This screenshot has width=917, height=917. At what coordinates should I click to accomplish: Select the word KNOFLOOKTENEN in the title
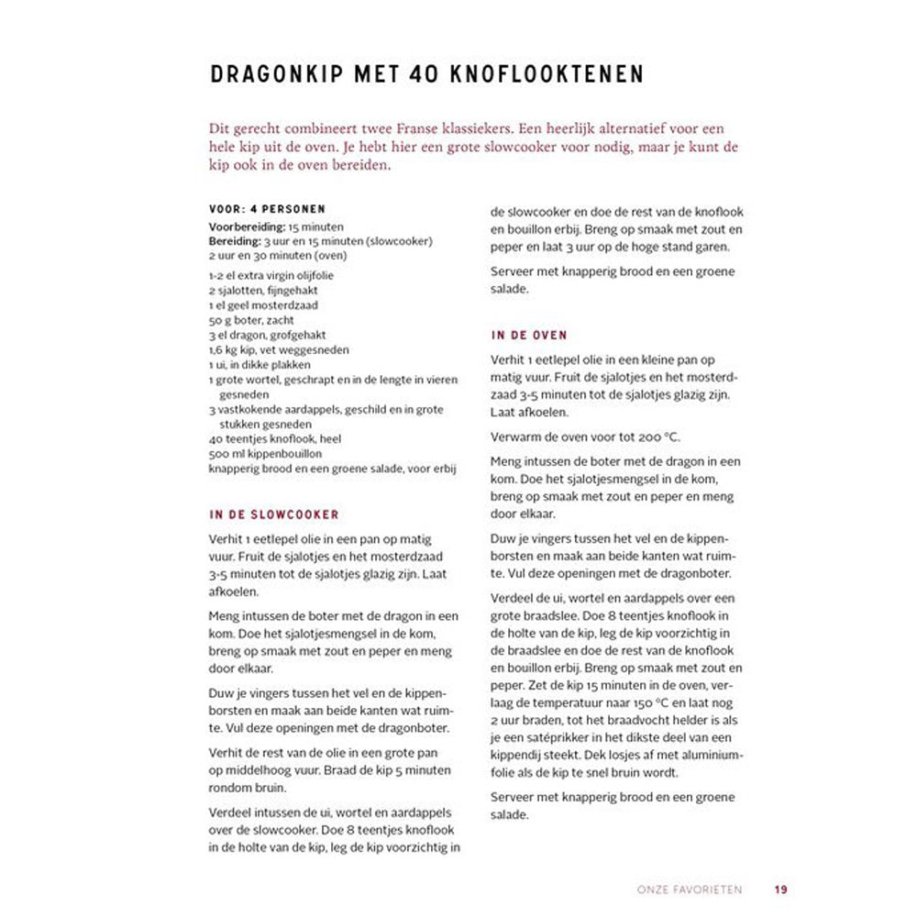[546, 74]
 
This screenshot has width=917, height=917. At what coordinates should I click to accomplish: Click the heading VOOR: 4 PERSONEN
[267, 209]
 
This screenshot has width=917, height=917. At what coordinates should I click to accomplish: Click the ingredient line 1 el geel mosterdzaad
[263, 305]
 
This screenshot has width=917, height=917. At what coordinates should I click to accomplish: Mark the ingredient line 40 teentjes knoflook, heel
[275, 439]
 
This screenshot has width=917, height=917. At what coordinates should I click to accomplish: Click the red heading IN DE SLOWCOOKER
[274, 515]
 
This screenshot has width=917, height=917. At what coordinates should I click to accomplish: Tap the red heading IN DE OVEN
[529, 336]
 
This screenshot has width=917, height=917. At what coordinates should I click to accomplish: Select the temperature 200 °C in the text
[658, 436]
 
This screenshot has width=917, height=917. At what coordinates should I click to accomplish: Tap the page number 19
[780, 889]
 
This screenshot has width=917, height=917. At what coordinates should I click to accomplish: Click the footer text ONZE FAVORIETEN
[689, 889]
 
